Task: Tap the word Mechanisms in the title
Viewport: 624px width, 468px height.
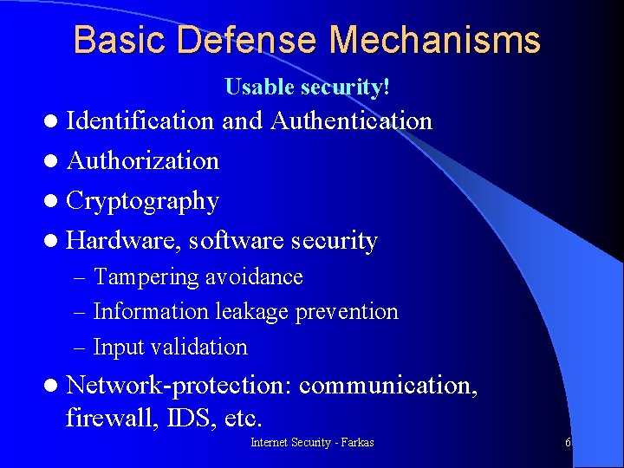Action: [435, 41]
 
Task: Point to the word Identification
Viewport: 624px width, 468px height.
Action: [140, 120]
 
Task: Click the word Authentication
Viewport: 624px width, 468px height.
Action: [351, 120]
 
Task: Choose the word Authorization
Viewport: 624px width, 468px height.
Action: [142, 160]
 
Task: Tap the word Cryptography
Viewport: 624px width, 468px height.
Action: [142, 201]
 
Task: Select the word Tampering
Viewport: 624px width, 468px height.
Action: [146, 277]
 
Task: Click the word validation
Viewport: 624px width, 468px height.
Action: [199, 347]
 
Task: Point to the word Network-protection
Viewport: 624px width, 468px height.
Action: [179, 384]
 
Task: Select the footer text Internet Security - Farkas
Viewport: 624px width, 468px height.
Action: [312, 443]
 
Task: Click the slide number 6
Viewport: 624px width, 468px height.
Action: [568, 443]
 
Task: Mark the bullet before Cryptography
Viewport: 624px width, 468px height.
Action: [54, 202]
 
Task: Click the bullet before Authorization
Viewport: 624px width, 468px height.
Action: [54, 161]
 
